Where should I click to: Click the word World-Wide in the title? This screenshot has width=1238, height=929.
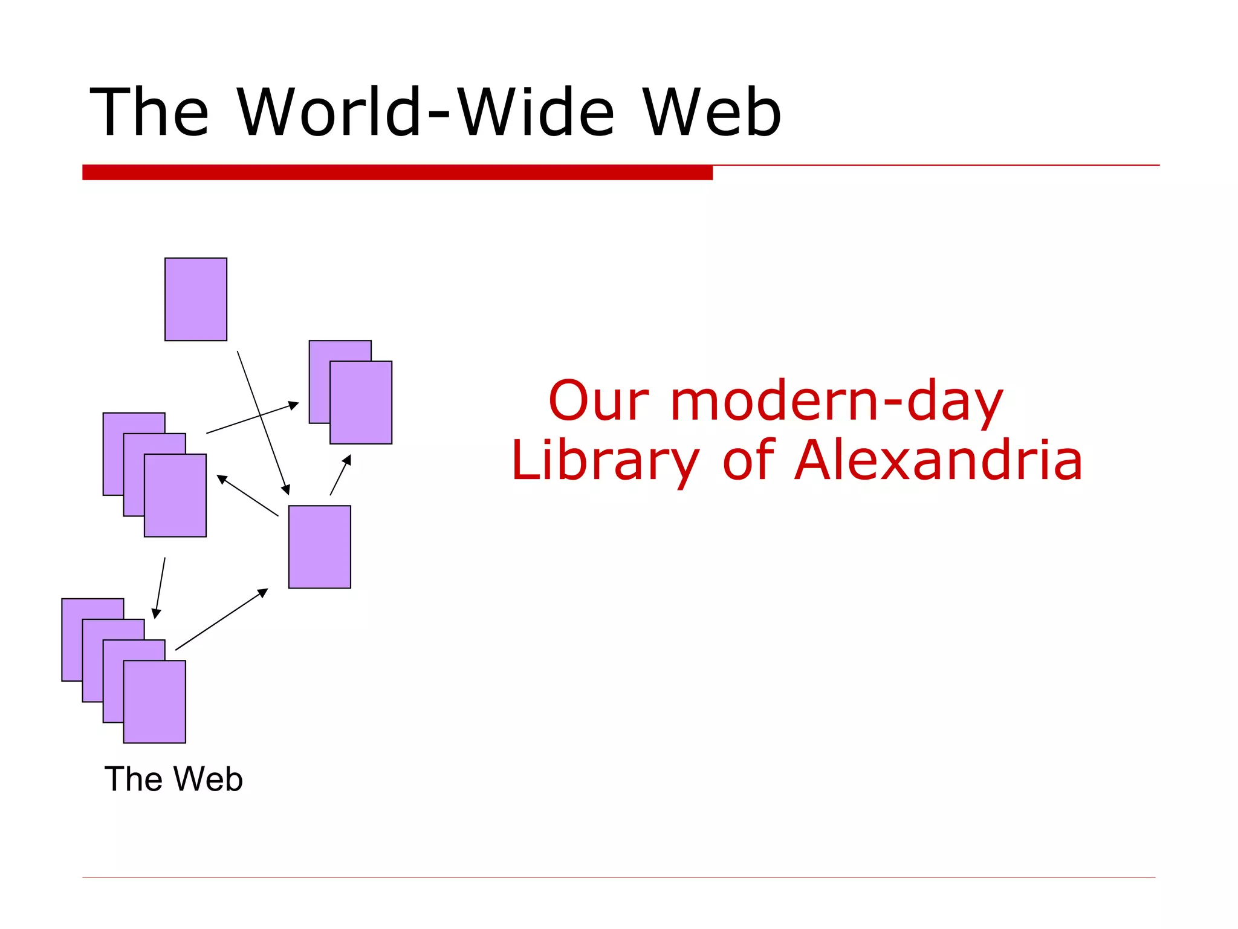pyautogui.click(x=426, y=113)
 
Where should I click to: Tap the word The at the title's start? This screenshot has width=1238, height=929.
pyautogui.click(x=149, y=113)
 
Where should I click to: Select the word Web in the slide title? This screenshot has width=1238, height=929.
pyautogui.click(x=711, y=113)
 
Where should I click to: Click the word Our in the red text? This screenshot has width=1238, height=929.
pyautogui.click(x=598, y=401)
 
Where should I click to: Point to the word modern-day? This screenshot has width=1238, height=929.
pyautogui.click(x=837, y=402)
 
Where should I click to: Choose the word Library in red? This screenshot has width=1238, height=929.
pyautogui.click(x=605, y=461)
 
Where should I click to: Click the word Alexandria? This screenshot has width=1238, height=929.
pyautogui.click(x=938, y=461)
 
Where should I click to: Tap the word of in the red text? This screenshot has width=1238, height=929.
pyautogui.click(x=748, y=461)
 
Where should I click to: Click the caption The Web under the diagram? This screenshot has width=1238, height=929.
pyautogui.click(x=173, y=779)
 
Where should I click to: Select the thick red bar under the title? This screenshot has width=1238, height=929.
pyautogui.click(x=397, y=172)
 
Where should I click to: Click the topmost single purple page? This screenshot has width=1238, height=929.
pyautogui.click(x=196, y=299)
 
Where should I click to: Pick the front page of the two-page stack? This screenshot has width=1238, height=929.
pyautogui.click(x=361, y=403)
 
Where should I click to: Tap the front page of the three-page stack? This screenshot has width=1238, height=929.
pyautogui.click(x=175, y=495)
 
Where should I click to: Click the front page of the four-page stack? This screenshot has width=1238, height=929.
pyautogui.click(x=155, y=702)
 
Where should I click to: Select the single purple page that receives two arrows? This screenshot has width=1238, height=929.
pyautogui.click(x=320, y=547)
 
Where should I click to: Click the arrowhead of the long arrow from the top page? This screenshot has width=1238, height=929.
pyautogui.click(x=287, y=491)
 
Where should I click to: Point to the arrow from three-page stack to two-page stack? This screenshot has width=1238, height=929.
pyautogui.click(x=253, y=418)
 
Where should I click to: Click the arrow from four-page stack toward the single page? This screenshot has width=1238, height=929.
pyautogui.click(x=221, y=619)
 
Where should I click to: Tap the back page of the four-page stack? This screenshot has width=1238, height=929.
pyautogui.click(x=73, y=635)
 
